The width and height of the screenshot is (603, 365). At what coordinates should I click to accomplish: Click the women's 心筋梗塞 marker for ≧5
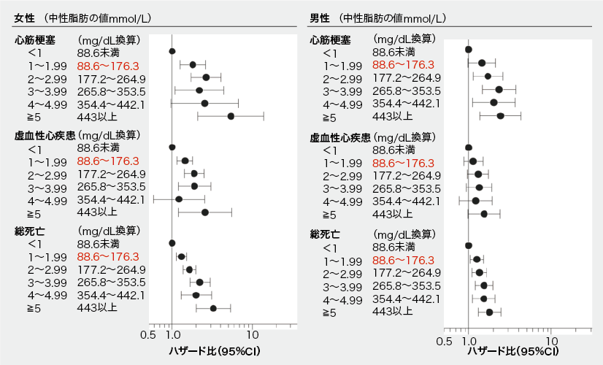coord(231,116)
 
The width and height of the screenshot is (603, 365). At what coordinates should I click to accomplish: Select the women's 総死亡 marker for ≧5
coord(213,308)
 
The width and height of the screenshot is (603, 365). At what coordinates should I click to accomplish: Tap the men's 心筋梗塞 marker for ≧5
coord(500,116)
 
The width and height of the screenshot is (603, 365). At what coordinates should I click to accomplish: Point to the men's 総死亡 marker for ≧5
coord(489,312)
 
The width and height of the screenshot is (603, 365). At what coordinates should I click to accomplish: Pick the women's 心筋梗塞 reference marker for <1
coord(172,51)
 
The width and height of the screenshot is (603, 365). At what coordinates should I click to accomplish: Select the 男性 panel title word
coord(320,17)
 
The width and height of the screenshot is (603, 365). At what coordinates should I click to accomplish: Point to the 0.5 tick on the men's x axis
coord(443,340)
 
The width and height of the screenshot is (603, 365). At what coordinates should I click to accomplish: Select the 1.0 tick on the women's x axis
coord(172,336)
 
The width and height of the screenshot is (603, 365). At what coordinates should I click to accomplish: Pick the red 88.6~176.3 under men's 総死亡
coord(403,260)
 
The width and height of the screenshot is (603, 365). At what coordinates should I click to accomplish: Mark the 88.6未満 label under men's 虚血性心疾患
coord(393,149)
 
